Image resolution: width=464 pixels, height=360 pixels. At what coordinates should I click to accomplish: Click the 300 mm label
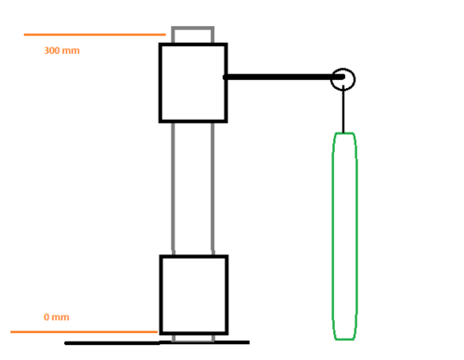(x=62, y=50)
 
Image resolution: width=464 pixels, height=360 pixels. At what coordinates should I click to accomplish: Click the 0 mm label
(x=57, y=317)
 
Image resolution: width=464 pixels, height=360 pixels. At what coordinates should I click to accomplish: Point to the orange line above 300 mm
(x=95, y=34)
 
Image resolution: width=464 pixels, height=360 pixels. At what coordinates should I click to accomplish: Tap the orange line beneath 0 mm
(x=84, y=332)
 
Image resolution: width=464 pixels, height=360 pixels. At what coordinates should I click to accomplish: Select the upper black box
(x=160, y=83)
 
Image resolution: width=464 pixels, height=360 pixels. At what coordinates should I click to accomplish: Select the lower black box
(x=161, y=295)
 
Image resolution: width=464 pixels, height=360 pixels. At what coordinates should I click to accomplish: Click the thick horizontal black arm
(x=284, y=77)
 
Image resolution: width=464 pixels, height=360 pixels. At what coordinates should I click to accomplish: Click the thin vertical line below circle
(x=343, y=109)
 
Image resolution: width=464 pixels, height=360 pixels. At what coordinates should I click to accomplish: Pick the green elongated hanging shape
(x=333, y=237)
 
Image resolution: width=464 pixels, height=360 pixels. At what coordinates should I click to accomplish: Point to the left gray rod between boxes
(x=173, y=188)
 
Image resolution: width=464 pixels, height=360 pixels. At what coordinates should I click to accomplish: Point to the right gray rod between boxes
(x=213, y=188)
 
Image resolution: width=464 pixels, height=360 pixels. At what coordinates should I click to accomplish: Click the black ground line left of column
(x=112, y=343)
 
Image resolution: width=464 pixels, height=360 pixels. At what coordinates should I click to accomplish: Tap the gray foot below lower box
(x=193, y=341)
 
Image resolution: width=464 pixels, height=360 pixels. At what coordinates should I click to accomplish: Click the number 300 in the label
(x=52, y=50)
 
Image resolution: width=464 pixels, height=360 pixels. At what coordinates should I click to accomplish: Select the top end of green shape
(x=344, y=134)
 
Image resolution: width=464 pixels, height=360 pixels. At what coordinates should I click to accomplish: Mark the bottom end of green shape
(x=344, y=340)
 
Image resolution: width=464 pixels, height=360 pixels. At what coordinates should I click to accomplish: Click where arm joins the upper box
(x=226, y=77)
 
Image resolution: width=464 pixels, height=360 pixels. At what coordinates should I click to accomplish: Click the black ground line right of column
(x=232, y=342)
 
